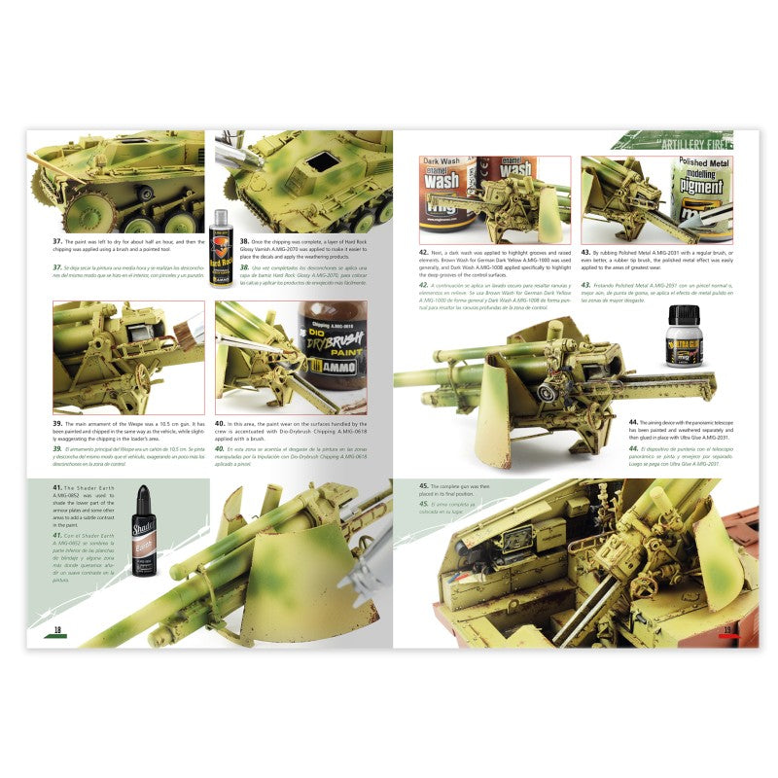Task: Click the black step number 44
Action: click(634, 422)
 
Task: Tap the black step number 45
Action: click(424, 484)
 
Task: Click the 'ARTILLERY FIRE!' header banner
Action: click(681, 145)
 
